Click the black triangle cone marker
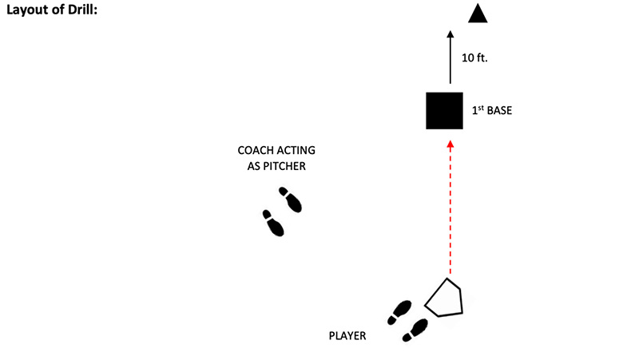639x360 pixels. coord(478,14)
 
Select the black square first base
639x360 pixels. coord(444,111)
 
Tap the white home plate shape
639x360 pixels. coord(446,299)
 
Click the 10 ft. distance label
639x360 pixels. coord(475,58)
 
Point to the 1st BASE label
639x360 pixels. coord(491,111)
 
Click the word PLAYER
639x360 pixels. coord(347,336)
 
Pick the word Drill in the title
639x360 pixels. coord(81,13)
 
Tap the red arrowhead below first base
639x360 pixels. coord(450,144)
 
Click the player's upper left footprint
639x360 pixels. coord(399,312)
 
